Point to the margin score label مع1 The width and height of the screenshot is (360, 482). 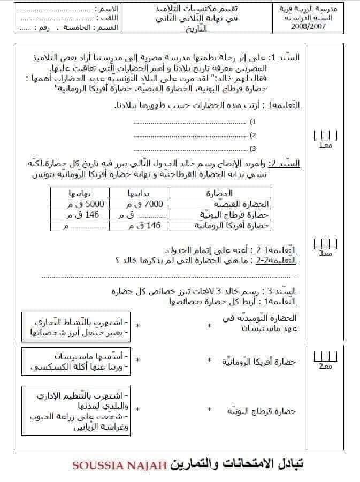point(325,146)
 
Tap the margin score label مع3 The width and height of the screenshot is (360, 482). point(325,253)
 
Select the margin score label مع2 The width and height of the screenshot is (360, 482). point(325,366)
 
